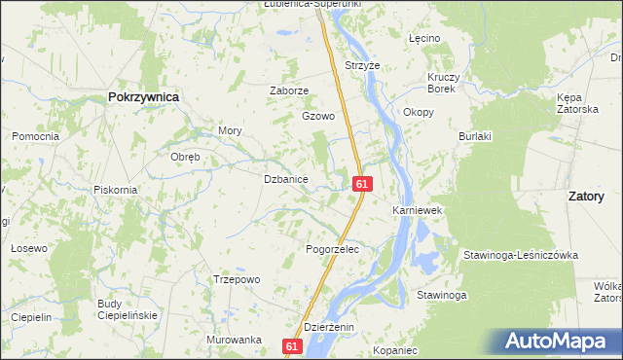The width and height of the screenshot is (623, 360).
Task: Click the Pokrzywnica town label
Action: click(x=143, y=97)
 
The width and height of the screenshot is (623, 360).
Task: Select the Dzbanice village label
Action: click(x=286, y=180)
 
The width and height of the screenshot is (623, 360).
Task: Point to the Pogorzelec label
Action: click(x=334, y=249)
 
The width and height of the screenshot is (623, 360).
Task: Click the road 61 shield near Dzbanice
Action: click(x=361, y=183)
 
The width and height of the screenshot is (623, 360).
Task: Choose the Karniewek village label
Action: click(x=418, y=210)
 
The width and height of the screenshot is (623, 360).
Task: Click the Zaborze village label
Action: click(x=288, y=90)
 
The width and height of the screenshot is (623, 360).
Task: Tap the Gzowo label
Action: click(x=318, y=116)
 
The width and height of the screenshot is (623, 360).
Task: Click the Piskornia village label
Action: click(x=115, y=189)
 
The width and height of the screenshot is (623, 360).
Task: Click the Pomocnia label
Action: click(x=36, y=136)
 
